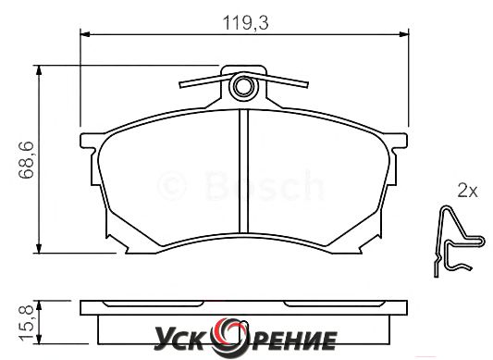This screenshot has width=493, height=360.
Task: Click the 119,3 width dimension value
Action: click(x=245, y=23)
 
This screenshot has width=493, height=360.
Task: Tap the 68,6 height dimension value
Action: click(x=26, y=160)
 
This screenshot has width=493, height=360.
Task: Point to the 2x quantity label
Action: click(x=467, y=191)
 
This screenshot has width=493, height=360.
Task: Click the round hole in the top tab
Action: click(x=243, y=87)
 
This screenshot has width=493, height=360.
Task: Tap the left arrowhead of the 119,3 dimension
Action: click(x=85, y=34)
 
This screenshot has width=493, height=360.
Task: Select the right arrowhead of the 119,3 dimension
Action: click(x=403, y=34)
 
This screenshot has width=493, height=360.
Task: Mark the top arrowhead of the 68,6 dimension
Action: click(x=39, y=70)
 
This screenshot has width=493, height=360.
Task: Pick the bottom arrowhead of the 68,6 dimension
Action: click(x=39, y=248)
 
